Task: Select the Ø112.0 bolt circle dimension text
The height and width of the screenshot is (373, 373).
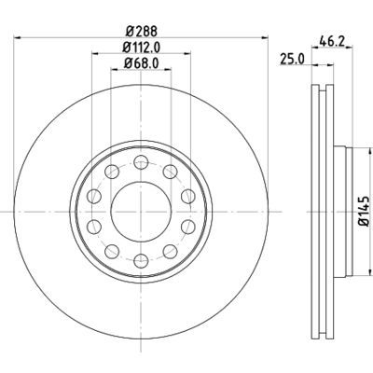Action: click(x=143, y=48)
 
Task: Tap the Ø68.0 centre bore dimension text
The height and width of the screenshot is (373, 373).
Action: click(x=143, y=63)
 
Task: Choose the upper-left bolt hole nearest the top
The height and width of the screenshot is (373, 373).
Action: click(x=111, y=171)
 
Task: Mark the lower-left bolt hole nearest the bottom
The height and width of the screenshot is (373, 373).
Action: click(x=111, y=250)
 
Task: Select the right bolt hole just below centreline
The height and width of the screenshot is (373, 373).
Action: click(x=187, y=226)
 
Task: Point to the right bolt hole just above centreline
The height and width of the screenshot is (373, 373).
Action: click(x=187, y=195)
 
